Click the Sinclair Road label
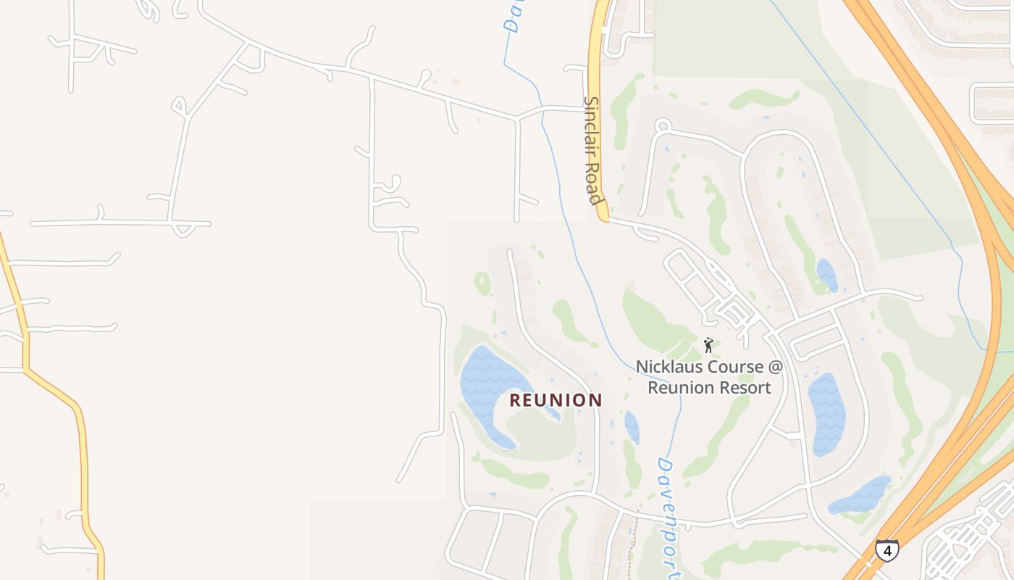593,150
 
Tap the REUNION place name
556,400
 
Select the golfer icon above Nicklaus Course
708,345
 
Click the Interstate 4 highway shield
887,550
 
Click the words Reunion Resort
709,387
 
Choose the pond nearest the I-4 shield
862,496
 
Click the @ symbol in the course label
776,367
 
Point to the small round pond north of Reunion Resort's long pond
826,275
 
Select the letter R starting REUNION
516,400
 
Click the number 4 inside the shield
887,550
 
